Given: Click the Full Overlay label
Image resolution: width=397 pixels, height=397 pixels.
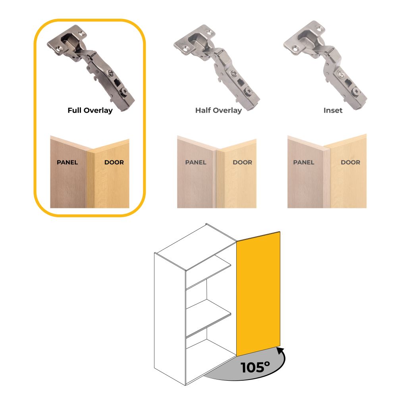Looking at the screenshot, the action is point(90,111).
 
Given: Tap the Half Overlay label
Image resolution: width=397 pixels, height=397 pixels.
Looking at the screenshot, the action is point(218,111).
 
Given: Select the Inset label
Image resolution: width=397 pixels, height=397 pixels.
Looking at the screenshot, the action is point(333,110).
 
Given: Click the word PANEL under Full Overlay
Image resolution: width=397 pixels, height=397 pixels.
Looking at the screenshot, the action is point(67,162).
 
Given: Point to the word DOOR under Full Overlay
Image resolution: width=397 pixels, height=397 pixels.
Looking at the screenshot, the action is point(114,162).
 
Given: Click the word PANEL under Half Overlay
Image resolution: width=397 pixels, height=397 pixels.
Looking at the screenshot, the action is point(196,162).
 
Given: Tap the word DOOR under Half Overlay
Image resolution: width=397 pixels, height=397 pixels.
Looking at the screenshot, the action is point(243,162).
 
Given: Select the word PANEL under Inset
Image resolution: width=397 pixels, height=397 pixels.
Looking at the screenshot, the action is point(304,162).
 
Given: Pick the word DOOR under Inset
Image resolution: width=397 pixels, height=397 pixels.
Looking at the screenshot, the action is point(351,162).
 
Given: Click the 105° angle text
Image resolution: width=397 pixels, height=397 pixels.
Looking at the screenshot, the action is point(255,367).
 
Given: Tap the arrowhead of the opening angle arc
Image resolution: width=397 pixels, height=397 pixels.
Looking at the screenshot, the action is point(281,351).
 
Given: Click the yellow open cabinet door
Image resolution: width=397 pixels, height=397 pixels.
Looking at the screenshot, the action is point(258,294).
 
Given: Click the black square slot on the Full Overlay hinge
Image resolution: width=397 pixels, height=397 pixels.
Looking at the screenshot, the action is point(117,82).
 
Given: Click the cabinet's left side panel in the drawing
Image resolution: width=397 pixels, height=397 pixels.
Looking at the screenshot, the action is point(170,319).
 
